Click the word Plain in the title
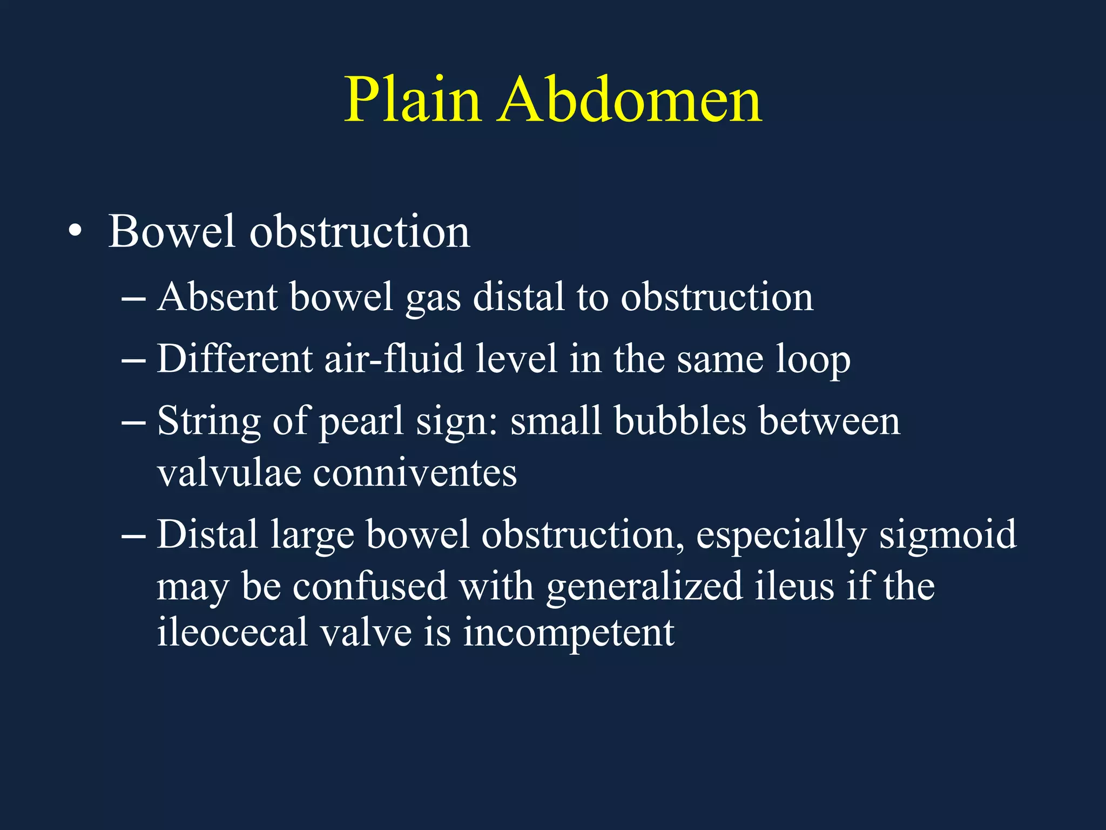tap(413, 100)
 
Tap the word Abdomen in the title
tap(630, 100)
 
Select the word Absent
tap(217, 297)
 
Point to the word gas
tap(433, 298)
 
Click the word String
tap(209, 421)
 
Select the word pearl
tap(361, 421)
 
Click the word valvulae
tap(229, 473)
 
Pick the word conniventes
tap(415, 473)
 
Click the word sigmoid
tap(948, 535)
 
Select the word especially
tap(781, 535)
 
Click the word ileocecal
tap(232, 632)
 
